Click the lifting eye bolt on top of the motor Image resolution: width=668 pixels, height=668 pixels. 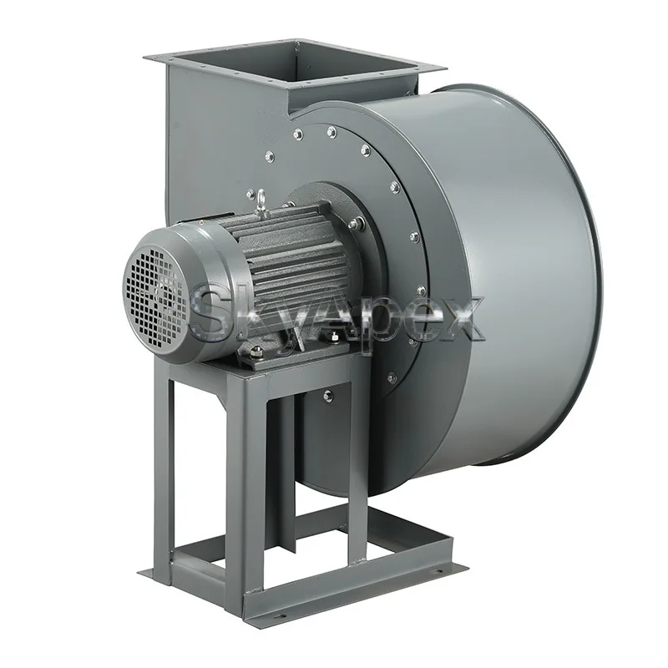(261, 200)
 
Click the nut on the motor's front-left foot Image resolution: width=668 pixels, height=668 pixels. (256, 352)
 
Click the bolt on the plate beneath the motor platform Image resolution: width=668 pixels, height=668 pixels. (327, 395)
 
